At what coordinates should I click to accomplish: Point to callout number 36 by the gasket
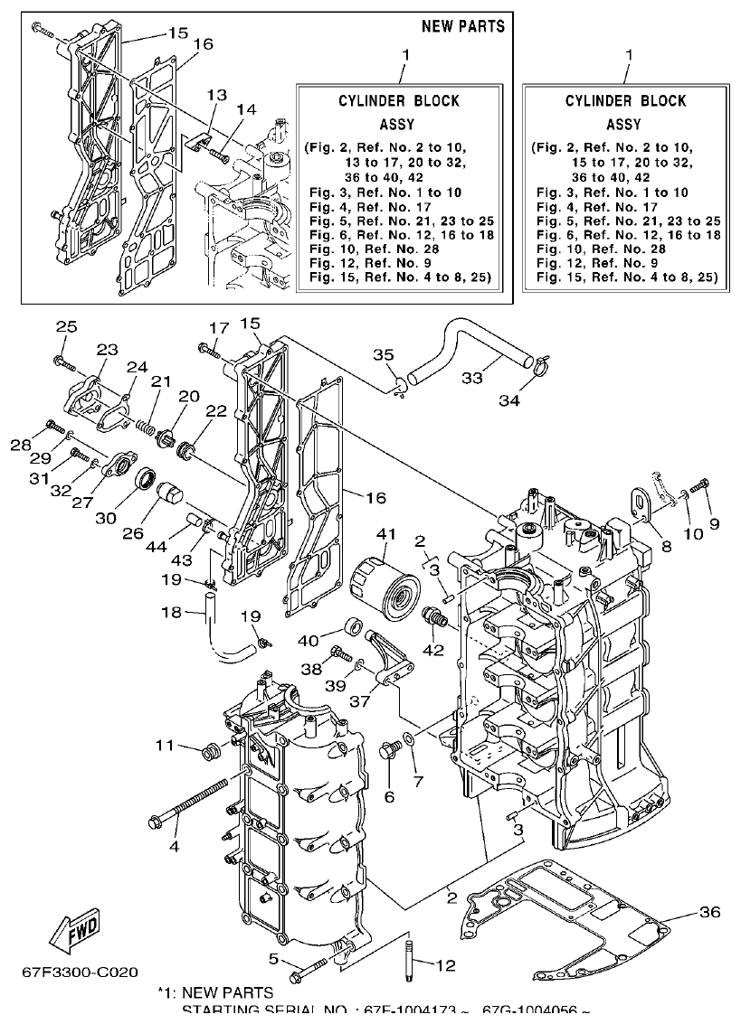[710, 912]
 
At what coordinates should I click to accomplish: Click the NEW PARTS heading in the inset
[463, 25]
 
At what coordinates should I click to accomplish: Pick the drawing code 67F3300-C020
[81, 973]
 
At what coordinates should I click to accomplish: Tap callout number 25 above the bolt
[67, 326]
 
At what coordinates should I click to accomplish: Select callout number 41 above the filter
[386, 535]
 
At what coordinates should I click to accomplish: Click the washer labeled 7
[410, 740]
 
